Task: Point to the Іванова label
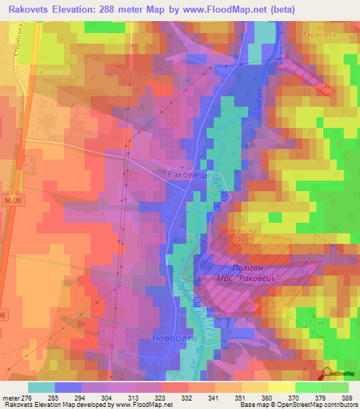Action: click(249, 230)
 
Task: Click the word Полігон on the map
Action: click(249, 268)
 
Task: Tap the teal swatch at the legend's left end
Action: click(41, 387)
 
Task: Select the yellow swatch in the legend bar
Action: click(281, 387)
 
